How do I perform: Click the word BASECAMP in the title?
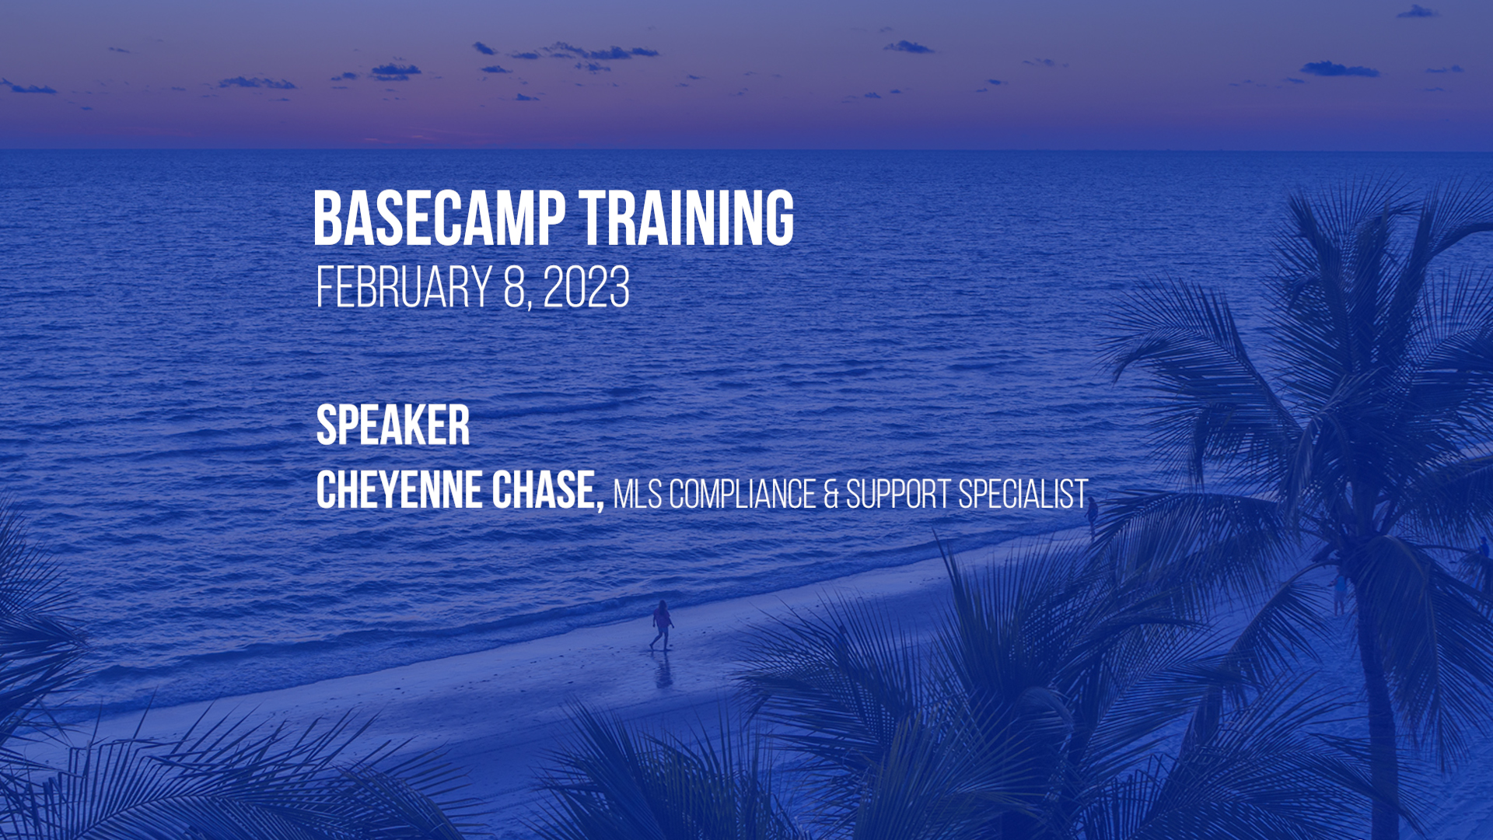[439, 219]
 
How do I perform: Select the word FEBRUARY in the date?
[404, 287]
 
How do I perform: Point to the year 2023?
[586, 287]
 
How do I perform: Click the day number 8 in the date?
[515, 287]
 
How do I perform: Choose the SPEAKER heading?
[393, 425]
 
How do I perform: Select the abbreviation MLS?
[638, 494]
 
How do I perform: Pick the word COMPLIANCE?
[742, 494]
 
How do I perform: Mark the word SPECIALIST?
[1023, 494]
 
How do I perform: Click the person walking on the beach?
[662, 625]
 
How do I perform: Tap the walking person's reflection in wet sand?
[663, 670]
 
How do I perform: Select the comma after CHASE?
[600, 508]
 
